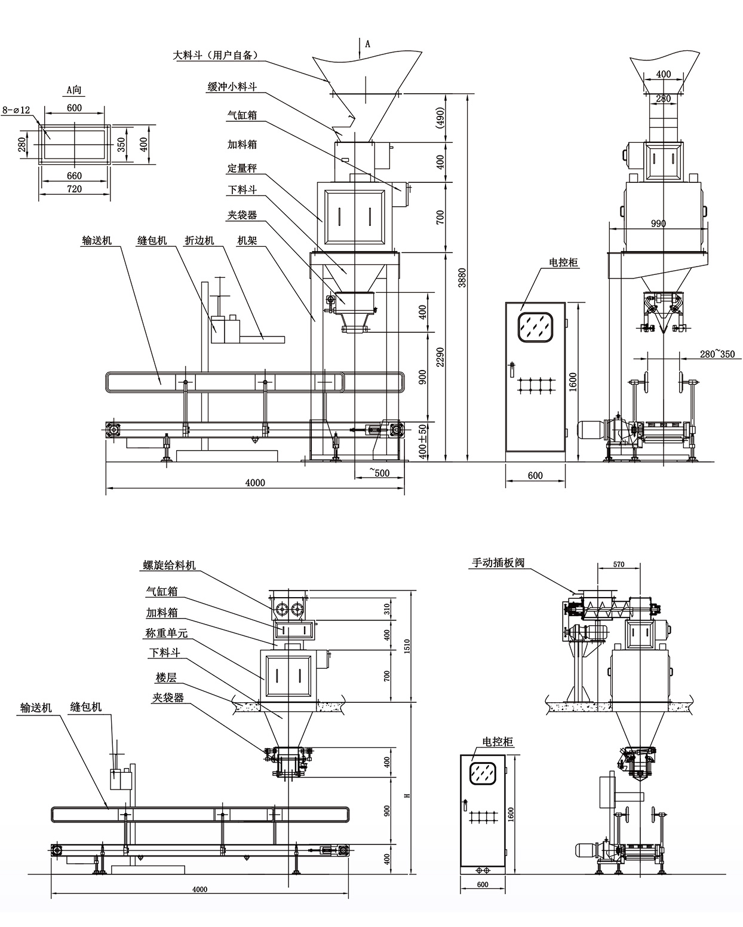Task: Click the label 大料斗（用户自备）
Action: pos(216,56)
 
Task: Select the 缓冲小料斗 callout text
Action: pos(232,87)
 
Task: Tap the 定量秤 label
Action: pos(242,169)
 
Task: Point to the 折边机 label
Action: pos(199,240)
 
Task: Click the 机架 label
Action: pos(247,240)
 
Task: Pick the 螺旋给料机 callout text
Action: pos(169,565)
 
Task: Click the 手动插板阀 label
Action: pos(498,562)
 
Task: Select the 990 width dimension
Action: pos(658,224)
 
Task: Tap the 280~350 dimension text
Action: pos(717,354)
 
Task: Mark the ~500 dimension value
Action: pos(379,473)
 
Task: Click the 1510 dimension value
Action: pos(407,645)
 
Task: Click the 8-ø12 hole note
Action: pos(15,110)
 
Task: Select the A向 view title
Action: pos(74,90)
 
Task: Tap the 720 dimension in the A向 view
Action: pos(74,189)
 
